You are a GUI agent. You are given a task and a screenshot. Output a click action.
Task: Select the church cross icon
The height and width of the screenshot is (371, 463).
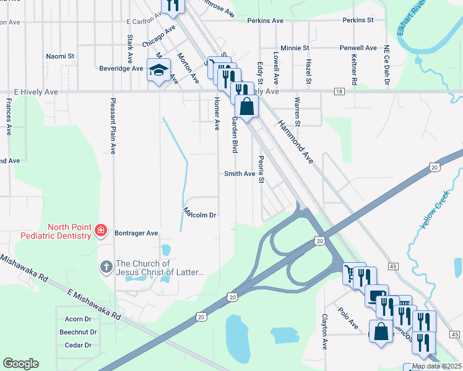[x=106, y=268]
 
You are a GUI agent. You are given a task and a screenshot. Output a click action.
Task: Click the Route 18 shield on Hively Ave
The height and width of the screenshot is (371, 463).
[x=339, y=92]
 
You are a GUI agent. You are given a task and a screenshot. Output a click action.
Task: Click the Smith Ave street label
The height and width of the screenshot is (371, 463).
[x=240, y=174]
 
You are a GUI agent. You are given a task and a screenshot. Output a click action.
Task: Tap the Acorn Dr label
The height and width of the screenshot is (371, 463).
[x=78, y=319]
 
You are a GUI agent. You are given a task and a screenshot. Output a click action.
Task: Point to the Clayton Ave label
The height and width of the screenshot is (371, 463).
[x=324, y=331]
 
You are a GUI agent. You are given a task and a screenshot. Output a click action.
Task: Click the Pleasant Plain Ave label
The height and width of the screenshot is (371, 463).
[x=113, y=126]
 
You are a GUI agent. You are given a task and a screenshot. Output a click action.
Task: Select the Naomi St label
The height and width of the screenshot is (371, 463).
[x=60, y=56]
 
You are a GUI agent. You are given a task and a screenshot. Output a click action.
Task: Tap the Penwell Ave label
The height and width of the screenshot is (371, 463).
[x=358, y=48]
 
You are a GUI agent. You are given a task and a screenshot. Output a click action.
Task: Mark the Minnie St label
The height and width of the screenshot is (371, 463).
[x=295, y=48]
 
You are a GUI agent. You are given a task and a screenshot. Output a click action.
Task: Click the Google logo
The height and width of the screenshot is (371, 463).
[x=20, y=364]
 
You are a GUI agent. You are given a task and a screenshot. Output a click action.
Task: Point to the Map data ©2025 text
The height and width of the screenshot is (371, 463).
[x=436, y=366]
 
